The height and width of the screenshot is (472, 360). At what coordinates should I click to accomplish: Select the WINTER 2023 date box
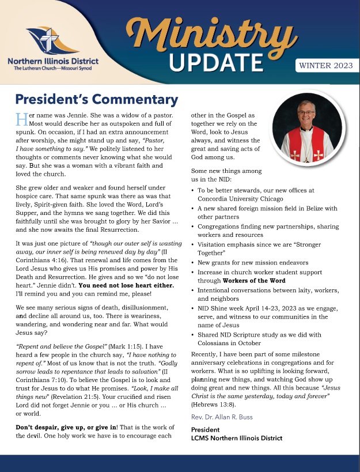pyautogui.click(x=325, y=66)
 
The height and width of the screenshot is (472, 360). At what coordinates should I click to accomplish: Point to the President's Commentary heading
pyautogui.click(x=96, y=99)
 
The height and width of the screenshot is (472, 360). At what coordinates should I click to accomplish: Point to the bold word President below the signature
pyautogui.click(x=206, y=429)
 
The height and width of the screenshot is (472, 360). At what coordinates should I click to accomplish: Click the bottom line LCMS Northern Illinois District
pyautogui.click(x=237, y=438)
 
